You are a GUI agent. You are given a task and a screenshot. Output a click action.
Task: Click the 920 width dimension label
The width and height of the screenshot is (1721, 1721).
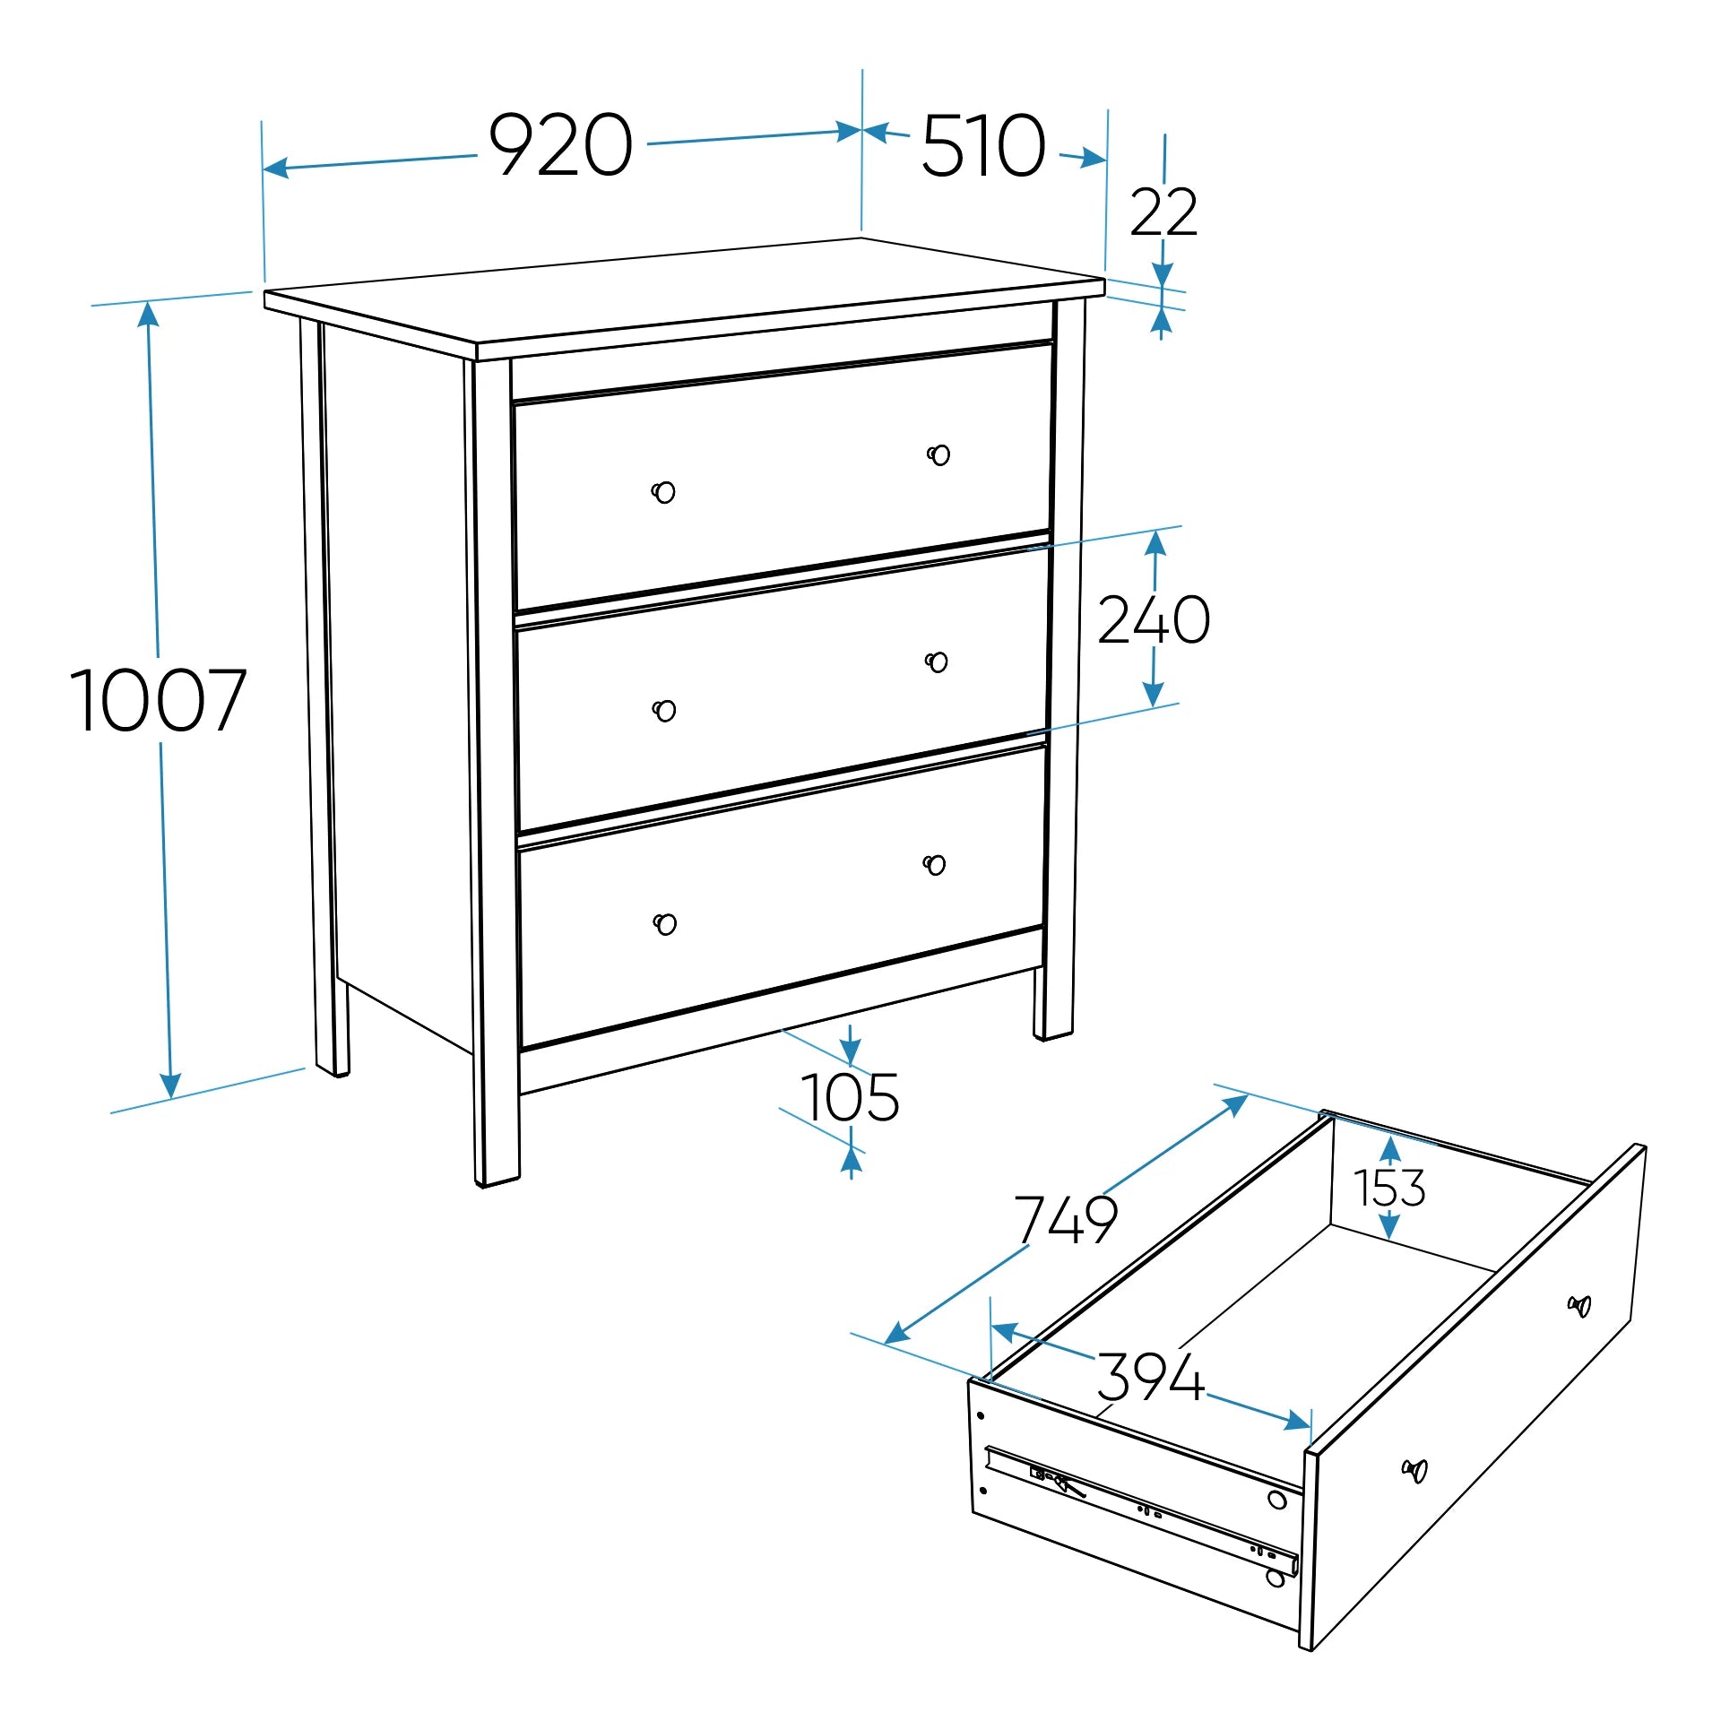point(560,144)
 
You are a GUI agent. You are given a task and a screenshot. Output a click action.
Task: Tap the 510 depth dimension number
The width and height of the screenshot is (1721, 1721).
point(983,145)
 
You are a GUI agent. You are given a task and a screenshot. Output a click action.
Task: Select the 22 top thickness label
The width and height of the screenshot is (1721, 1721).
point(1163,212)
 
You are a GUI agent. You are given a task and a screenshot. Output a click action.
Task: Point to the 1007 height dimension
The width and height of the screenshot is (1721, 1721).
point(158,700)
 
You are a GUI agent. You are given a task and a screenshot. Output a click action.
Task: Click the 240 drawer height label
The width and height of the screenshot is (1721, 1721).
point(1155,619)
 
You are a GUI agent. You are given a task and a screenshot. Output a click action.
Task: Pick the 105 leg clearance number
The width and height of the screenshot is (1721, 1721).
point(850,1097)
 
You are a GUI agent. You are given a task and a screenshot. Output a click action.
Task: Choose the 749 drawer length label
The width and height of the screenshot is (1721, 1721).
point(1067,1219)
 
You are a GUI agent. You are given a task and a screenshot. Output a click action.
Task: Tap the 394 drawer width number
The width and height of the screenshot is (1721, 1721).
point(1151,1377)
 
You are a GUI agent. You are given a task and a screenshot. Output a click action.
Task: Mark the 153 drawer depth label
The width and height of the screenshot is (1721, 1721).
point(1389,1188)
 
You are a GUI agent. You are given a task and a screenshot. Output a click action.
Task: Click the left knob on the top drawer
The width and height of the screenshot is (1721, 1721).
point(663,492)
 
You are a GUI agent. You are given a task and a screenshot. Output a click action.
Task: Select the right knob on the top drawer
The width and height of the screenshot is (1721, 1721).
point(938,455)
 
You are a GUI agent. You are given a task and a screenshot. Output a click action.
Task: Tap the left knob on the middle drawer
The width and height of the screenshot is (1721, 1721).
point(664,711)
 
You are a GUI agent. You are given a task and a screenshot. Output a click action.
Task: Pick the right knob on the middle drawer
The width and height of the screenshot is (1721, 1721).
point(937,662)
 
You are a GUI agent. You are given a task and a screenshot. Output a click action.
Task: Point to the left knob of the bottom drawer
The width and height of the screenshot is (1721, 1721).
point(665,924)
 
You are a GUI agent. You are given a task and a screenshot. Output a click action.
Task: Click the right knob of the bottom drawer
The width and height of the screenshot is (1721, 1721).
point(934,865)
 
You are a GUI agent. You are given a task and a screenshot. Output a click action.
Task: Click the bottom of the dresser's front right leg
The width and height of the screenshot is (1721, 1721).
point(1054,1034)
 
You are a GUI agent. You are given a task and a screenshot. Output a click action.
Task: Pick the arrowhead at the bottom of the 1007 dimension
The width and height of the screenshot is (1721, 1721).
point(170,1085)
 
